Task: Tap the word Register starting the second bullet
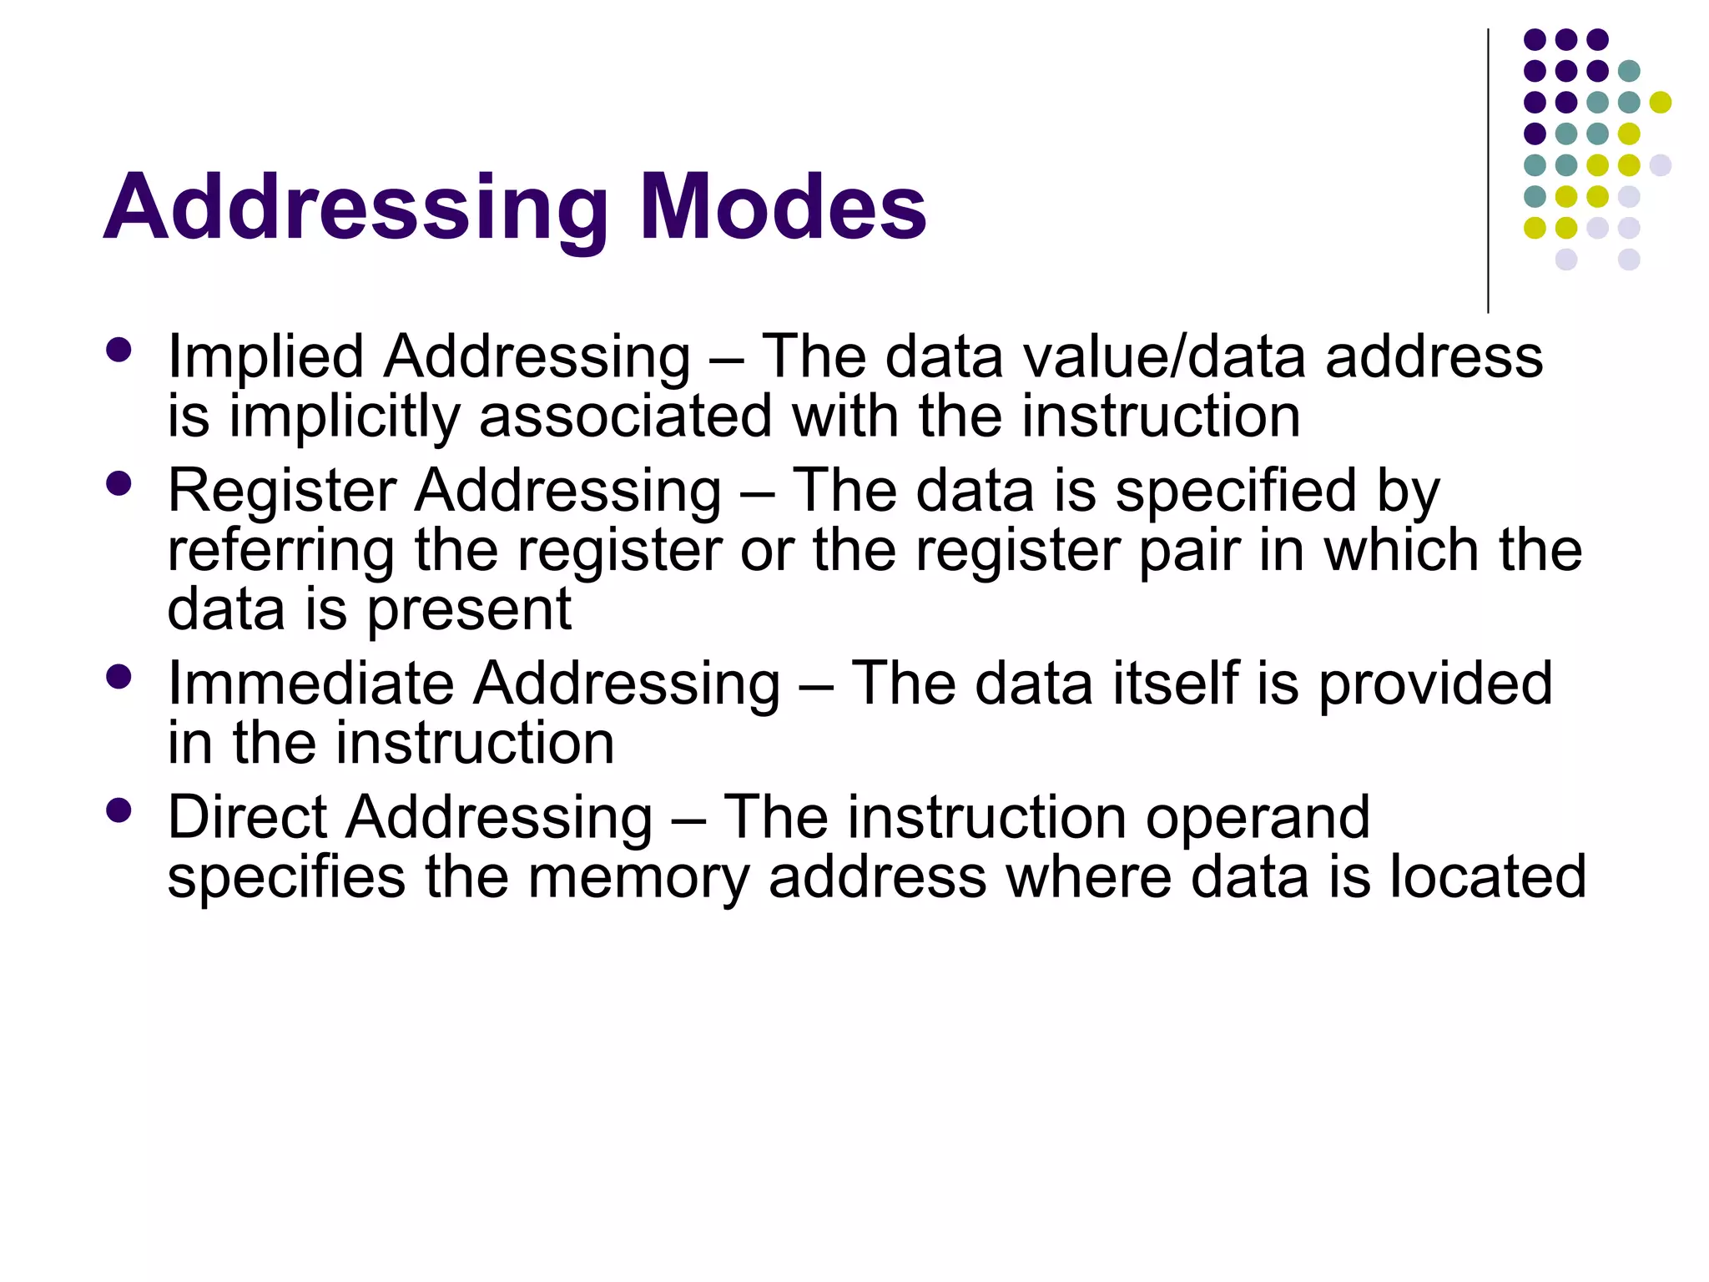pyautogui.click(x=281, y=490)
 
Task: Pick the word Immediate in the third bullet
pyautogui.click(x=310, y=684)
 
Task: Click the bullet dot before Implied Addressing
pyautogui.click(x=119, y=350)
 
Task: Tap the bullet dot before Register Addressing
pyautogui.click(x=119, y=483)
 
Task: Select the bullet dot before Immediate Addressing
pyautogui.click(x=119, y=676)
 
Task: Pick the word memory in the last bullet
pyautogui.click(x=638, y=878)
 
